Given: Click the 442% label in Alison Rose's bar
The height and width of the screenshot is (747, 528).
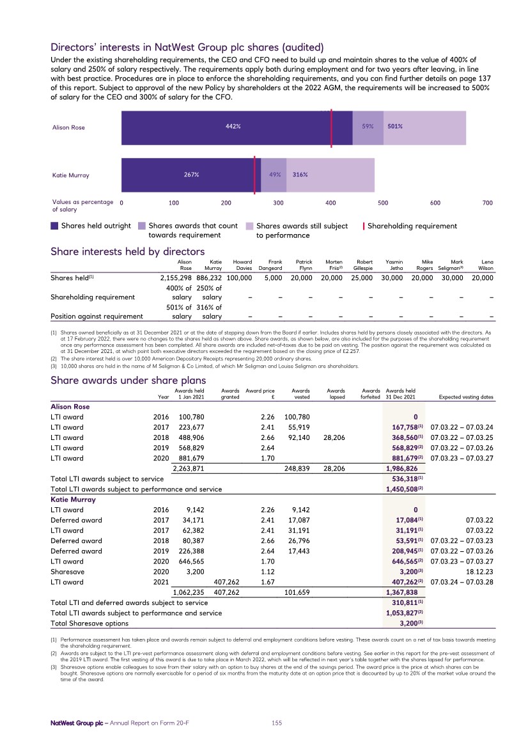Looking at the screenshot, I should [x=233, y=127].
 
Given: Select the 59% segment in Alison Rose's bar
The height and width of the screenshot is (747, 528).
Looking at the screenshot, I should [x=368, y=127].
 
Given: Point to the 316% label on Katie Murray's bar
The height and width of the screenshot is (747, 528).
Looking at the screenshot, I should [x=301, y=175].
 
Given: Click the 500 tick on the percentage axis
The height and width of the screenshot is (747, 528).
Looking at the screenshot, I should [x=383, y=203].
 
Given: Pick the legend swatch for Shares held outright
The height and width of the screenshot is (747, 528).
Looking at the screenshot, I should [x=55, y=226].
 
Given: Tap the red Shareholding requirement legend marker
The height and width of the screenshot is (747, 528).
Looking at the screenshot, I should [x=364, y=226].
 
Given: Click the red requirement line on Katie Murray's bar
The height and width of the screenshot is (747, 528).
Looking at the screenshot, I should [x=255, y=174].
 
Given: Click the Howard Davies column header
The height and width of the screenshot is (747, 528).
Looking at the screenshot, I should [x=242, y=265].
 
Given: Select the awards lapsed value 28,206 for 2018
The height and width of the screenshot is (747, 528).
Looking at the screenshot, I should [x=336, y=437].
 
